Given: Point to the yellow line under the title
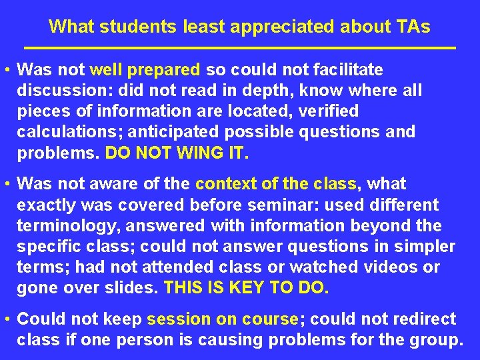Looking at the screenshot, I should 240,49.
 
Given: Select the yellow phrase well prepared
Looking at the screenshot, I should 145,69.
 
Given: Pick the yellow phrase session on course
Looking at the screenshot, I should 222,319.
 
